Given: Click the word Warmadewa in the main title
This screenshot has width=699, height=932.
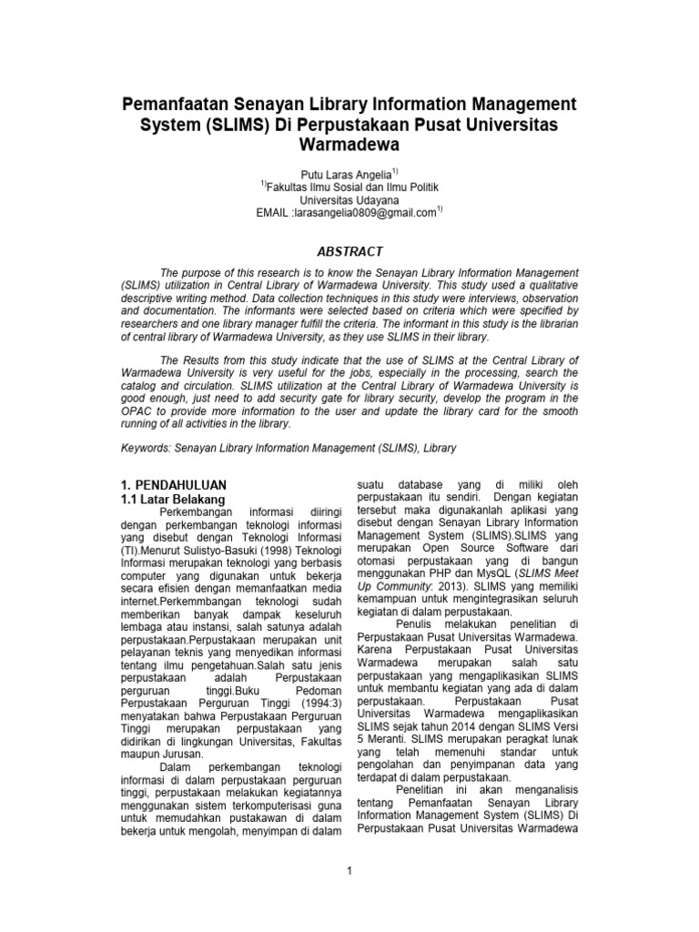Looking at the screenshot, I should coord(349,145).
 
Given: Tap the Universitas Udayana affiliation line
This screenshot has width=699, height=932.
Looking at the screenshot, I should coord(349,199).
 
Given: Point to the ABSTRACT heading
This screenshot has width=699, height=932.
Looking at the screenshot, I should coord(349,251).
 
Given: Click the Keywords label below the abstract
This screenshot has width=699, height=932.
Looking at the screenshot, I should coord(147,449).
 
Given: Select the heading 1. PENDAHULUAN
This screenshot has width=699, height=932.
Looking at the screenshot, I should coord(174,485).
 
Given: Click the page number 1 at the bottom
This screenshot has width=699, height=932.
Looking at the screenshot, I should coord(349,871).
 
